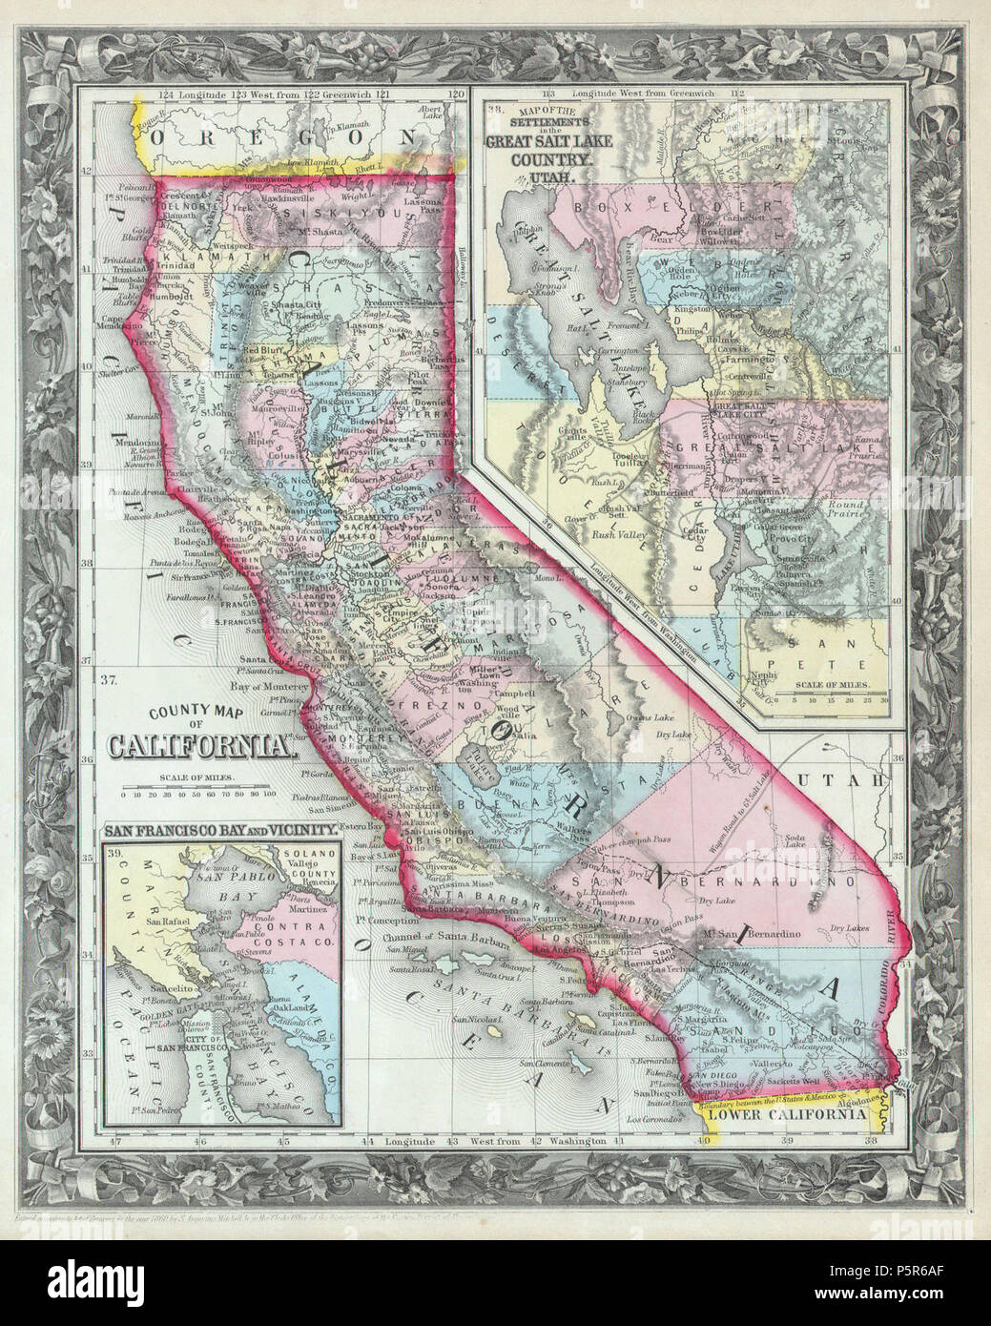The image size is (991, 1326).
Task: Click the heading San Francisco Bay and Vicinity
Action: point(222,830)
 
